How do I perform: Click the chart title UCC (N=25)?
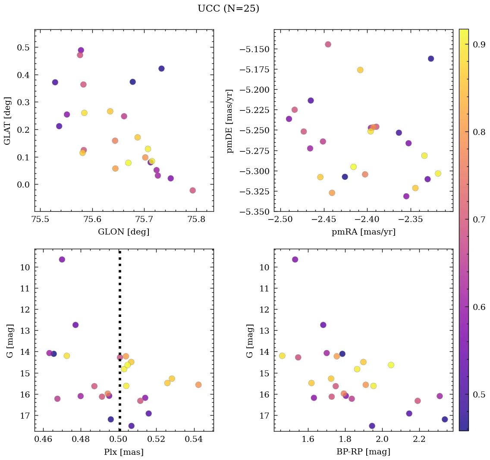pos(228,9)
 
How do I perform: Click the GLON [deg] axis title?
pos(124,232)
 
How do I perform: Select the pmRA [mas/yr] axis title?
pos(363,232)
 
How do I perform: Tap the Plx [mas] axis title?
pos(124,452)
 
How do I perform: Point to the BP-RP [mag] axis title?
pos(363,452)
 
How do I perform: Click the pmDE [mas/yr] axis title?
pos(229,121)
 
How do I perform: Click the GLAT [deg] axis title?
pos(7,121)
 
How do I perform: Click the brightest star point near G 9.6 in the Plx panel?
pos(62,260)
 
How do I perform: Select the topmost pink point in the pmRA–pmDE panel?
pos(328,44)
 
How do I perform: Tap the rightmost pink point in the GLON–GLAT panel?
pos(193,191)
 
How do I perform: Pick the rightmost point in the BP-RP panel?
pos(445,419)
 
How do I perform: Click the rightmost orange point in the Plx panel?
pos(198,385)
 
